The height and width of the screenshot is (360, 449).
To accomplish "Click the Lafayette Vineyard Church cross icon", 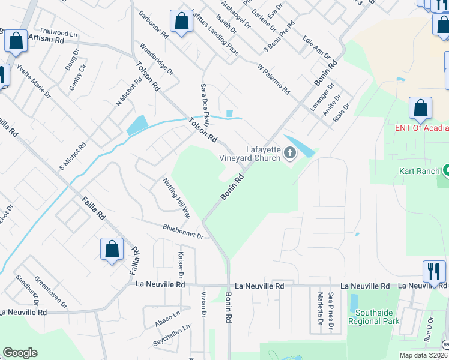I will (x=291, y=154).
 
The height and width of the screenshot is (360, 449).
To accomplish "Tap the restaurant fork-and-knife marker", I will (x=433, y=271).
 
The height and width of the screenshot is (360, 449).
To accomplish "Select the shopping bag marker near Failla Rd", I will (x=112, y=250).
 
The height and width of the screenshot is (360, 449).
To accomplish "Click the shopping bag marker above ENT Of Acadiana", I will (x=420, y=109).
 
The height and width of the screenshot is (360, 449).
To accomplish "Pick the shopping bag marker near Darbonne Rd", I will (x=181, y=22).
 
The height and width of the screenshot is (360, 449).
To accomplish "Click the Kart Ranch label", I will (x=420, y=171).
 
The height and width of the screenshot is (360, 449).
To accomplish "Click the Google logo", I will (x=20, y=353).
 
